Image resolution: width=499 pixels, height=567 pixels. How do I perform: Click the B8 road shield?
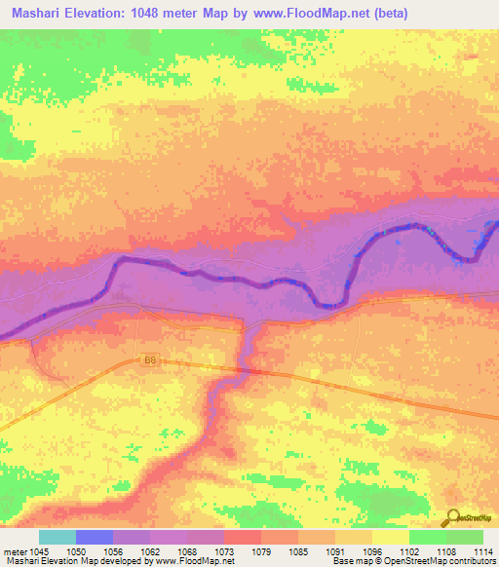[149, 360]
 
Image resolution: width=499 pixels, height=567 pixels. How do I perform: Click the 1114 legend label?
[480, 551]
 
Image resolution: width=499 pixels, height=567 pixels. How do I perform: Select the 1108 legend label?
[447, 551]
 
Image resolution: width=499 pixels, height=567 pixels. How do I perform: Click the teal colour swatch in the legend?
[58, 537]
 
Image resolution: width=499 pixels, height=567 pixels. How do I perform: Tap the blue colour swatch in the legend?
[95, 537]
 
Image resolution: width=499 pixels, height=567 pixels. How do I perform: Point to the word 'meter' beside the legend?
[15, 551]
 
